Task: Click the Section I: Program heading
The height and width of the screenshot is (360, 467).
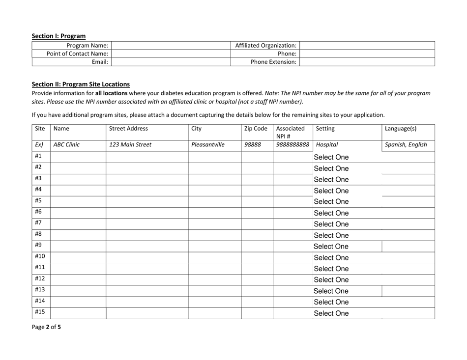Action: coord(58,36)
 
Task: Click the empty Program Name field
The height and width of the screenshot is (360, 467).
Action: coord(172,45)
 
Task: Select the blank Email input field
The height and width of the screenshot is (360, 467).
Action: coord(172,61)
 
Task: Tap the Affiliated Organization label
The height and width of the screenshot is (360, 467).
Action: coord(266,45)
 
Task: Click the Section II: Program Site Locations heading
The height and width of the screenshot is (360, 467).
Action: coord(81,84)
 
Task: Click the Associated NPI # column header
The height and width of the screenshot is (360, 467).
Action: coord(291,132)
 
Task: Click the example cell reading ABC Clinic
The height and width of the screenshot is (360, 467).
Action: coord(66,145)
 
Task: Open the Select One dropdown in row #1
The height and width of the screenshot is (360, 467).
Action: coord(331,158)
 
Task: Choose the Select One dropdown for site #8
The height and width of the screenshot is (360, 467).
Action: coord(331,235)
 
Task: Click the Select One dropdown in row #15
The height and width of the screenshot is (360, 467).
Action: coord(331,313)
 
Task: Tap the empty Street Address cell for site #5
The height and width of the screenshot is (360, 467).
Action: coord(147,202)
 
